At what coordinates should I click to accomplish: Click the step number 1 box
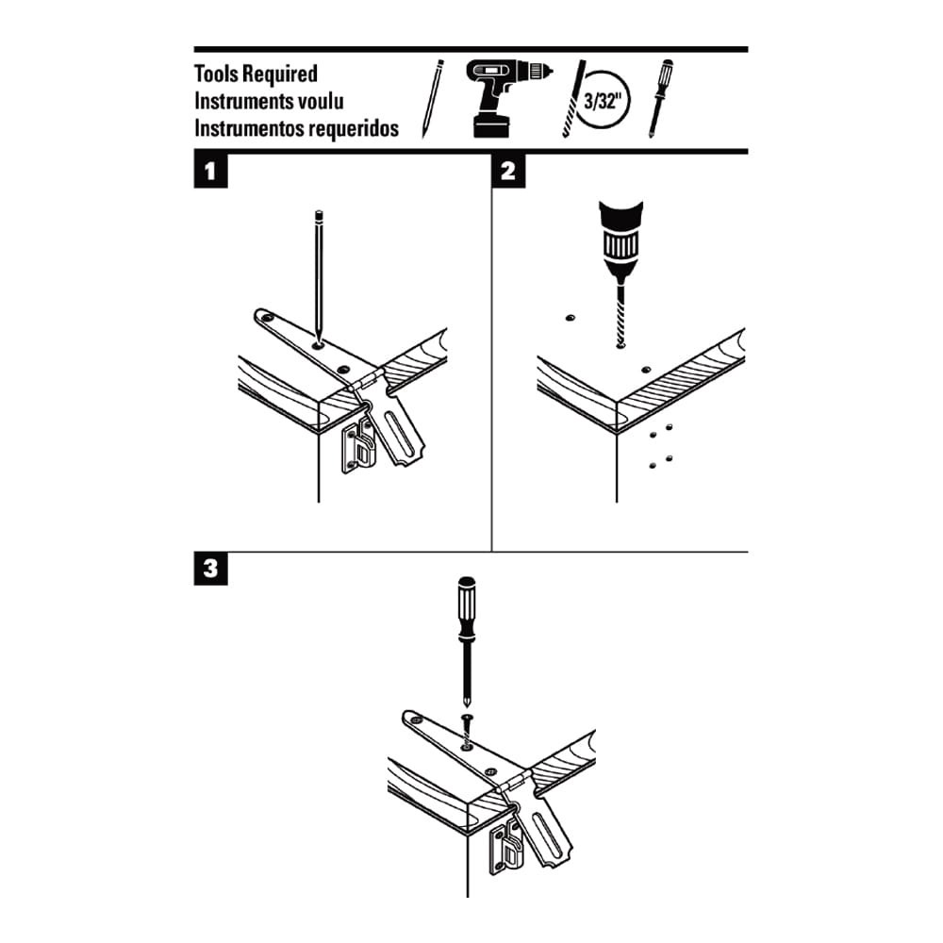(208, 172)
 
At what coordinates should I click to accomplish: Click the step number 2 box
(508, 172)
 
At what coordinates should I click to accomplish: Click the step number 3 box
(208, 570)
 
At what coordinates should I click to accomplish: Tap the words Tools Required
(256, 74)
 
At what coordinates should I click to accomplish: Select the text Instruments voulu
(269, 100)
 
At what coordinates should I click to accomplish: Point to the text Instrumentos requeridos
(296, 127)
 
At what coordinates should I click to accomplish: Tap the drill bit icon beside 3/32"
(571, 100)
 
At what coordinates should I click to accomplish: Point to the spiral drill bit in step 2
(620, 311)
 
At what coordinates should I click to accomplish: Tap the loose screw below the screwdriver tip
(467, 726)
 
